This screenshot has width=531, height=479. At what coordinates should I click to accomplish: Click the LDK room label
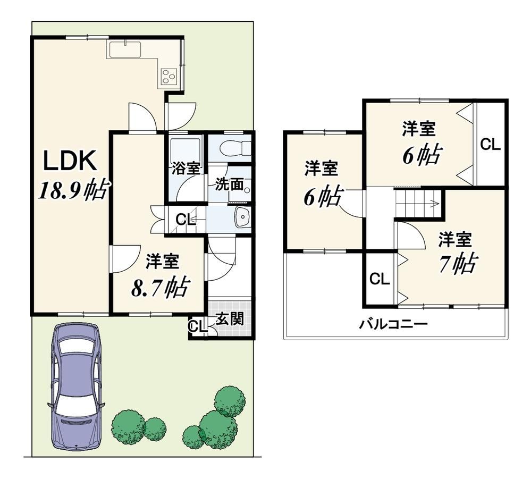click(71, 161)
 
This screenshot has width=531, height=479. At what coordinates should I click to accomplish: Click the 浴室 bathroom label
click(186, 169)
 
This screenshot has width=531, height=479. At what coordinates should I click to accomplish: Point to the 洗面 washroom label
click(229, 184)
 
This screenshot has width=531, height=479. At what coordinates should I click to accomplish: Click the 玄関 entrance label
click(230, 319)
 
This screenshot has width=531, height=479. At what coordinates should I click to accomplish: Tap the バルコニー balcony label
click(393, 324)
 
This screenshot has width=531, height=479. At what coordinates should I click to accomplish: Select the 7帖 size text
click(458, 263)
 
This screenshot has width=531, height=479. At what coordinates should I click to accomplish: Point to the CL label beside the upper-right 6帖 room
click(490, 145)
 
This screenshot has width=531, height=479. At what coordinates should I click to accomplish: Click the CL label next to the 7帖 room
click(380, 280)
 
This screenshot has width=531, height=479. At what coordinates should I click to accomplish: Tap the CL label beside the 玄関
click(198, 326)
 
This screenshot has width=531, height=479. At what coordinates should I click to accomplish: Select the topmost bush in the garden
click(230, 401)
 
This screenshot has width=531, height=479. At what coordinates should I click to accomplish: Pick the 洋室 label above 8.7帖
click(163, 262)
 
